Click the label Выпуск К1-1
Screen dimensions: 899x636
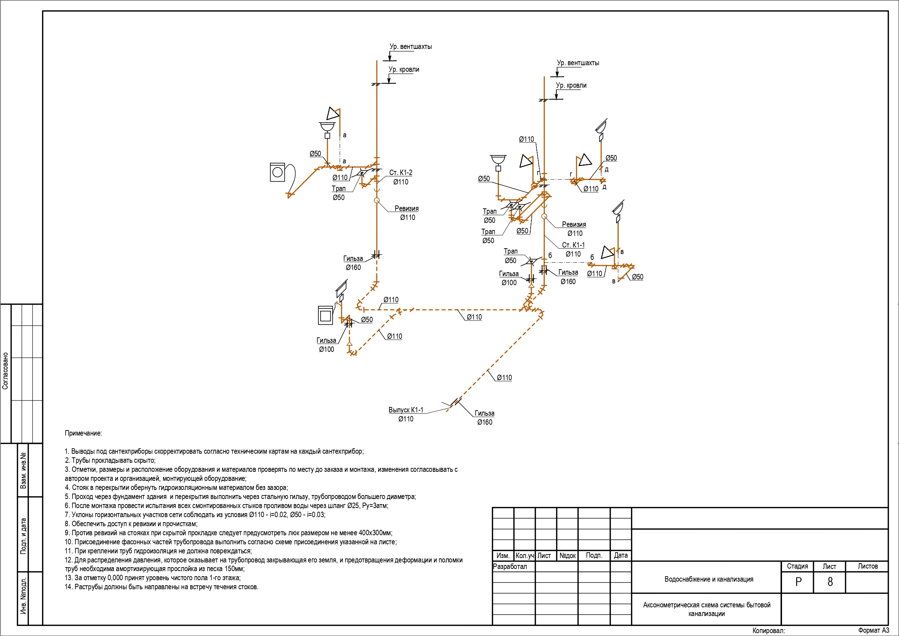pyautogui.click(x=406, y=410)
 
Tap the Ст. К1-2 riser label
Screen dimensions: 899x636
pyautogui.click(x=401, y=172)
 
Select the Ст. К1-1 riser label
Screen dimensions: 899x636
pyautogui.click(x=573, y=245)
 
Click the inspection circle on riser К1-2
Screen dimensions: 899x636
pyautogui.click(x=377, y=201)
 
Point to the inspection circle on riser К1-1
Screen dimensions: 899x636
pyautogui.click(x=544, y=216)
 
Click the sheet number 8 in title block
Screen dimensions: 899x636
pyautogui.click(x=830, y=582)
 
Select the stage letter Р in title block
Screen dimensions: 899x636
pyautogui.click(x=798, y=582)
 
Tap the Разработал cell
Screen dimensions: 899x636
pyautogui.click(x=510, y=567)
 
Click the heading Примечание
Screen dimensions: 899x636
pyautogui.click(x=83, y=433)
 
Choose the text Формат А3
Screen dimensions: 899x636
pyautogui.click(x=874, y=631)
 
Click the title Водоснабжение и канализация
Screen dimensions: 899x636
pyautogui.click(x=709, y=579)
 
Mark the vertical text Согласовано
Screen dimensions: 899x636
pyautogui.click(x=5, y=371)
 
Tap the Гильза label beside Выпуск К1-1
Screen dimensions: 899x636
pyautogui.click(x=484, y=413)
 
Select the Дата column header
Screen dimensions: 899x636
pyautogui.click(x=620, y=555)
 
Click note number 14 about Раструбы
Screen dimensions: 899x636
pyautogui.click(x=162, y=587)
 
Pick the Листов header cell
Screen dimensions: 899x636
pyautogui.click(x=868, y=566)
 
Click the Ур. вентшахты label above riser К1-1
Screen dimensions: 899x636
pyautogui.click(x=578, y=63)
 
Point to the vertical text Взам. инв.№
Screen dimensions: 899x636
pyautogui.click(x=24, y=470)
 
